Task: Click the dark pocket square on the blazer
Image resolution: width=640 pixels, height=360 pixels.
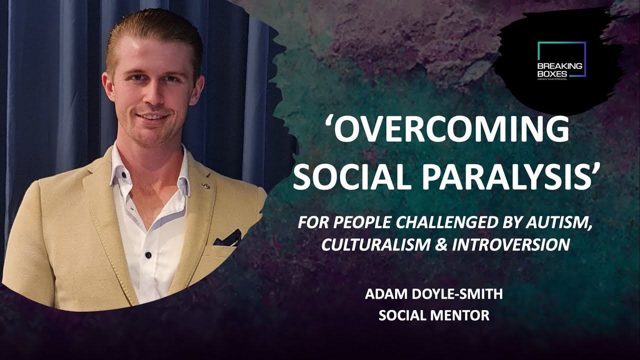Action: coord(228,239)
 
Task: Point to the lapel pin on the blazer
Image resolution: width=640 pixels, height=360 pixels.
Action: coord(204,185)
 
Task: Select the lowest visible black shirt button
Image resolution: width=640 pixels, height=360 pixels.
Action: coord(148,255)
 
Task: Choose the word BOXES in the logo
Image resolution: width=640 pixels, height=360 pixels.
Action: coord(549,73)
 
